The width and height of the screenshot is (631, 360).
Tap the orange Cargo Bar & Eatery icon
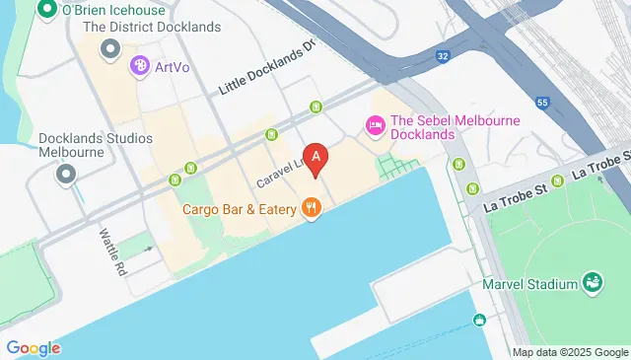pyautogui.click(x=312, y=207)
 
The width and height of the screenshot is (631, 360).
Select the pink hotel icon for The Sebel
pyautogui.click(x=375, y=125)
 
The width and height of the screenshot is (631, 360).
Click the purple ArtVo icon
pyautogui.click(x=139, y=66)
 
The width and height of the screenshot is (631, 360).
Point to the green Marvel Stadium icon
pyautogui.click(x=593, y=284)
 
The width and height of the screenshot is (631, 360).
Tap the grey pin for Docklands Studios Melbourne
pyautogui.click(x=66, y=175)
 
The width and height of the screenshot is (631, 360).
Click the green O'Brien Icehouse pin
pyautogui.click(x=45, y=10)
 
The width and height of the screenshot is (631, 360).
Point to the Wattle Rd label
pyautogui.click(x=112, y=252)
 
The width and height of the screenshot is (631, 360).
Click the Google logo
pyautogui.click(x=33, y=348)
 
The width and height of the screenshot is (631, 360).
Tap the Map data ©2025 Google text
pyautogui.click(x=570, y=352)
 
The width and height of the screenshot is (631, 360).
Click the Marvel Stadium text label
pyautogui.click(x=529, y=285)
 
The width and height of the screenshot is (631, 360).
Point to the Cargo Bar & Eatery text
pyautogui.click(x=240, y=208)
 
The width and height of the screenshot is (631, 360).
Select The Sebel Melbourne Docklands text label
pyautogui.click(x=455, y=127)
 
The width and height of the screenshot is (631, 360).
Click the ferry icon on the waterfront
pyautogui.click(x=479, y=320)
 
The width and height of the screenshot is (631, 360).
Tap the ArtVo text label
pyautogui.click(x=172, y=67)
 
